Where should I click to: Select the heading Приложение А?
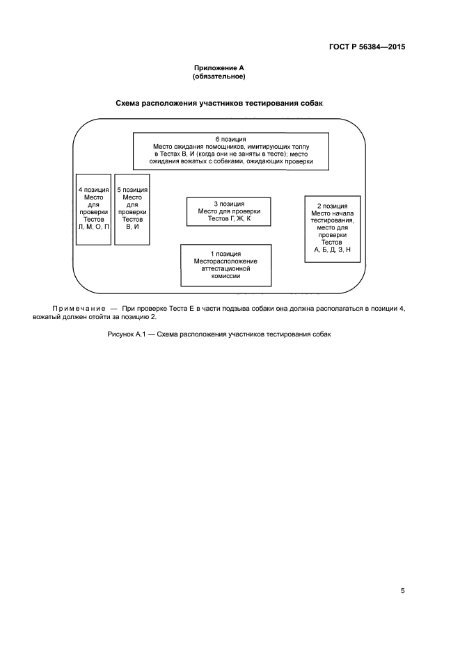coord(219,68)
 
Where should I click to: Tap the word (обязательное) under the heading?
coord(219,76)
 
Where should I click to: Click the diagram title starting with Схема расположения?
coord(220,104)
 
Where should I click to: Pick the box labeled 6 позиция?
coord(232,150)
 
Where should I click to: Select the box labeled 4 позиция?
coord(93,209)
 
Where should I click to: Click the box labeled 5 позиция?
coord(132,209)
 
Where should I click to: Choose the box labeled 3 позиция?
coord(228,211)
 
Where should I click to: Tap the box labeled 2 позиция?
coord(332,228)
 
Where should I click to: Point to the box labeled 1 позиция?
coord(225,265)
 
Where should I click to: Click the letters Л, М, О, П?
coord(93,227)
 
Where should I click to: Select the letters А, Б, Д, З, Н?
coord(333,249)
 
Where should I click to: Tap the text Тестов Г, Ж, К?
coord(229,218)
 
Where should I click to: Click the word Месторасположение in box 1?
coord(225,261)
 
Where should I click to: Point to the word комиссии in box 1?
coord(225,276)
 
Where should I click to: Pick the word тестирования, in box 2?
coord(333,220)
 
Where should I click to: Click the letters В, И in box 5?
coord(132,227)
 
